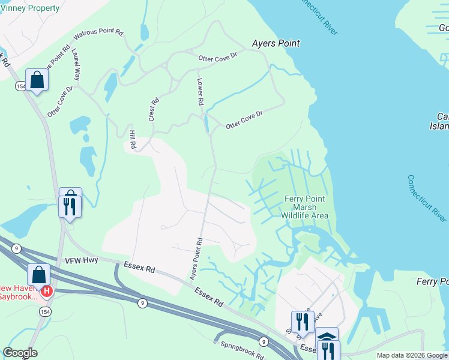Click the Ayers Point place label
pyautogui.click(x=276, y=44)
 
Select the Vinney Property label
pyautogui.click(x=30, y=8)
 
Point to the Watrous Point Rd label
pyautogui.click(x=98, y=34)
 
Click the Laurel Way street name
pyautogui.click(x=76, y=66)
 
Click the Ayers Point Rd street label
pyautogui.click(x=196, y=259)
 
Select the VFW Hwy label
pyautogui.click(x=86, y=259)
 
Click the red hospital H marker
pyautogui.click(x=47, y=291)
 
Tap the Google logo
pyautogui.click(x=19, y=353)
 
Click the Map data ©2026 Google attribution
pyautogui.click(x=412, y=355)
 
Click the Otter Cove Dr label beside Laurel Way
pyautogui.click(x=60, y=101)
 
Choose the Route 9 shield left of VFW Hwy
pyautogui.click(x=17, y=248)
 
